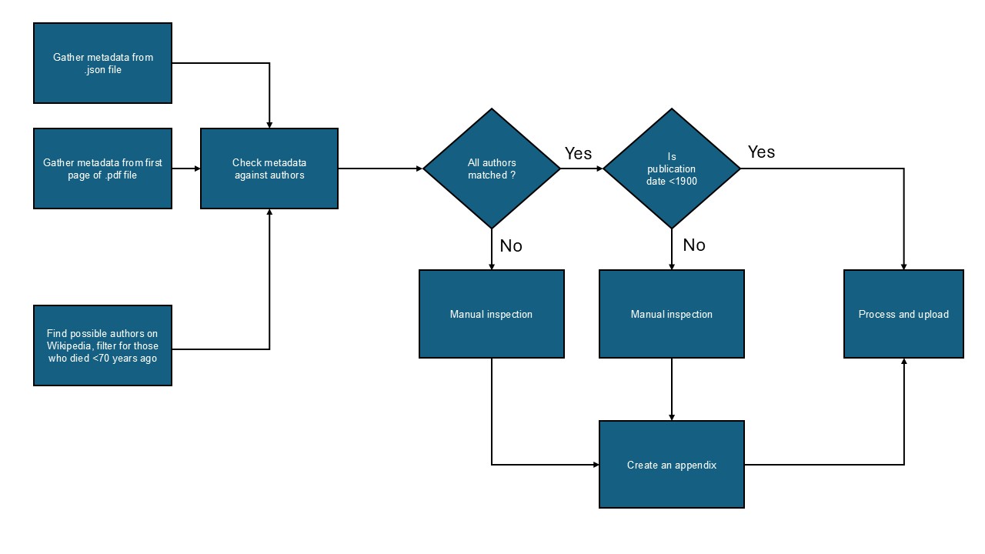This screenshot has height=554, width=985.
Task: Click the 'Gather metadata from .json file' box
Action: pos(102,63)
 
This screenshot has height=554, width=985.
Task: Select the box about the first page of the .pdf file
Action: pos(102,169)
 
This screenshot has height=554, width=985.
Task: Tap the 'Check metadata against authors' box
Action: pos(269,169)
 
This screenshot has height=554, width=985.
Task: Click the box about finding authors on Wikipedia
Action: pos(102,345)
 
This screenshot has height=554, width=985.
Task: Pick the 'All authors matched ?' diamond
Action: pos(492,169)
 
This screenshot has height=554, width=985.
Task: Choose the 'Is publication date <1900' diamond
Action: pos(672,169)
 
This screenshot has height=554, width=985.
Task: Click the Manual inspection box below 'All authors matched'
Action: pos(491,314)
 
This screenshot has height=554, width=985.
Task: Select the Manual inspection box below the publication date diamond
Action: pos(672,314)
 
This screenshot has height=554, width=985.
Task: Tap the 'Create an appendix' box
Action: pos(672,465)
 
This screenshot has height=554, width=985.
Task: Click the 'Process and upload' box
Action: pos(903,314)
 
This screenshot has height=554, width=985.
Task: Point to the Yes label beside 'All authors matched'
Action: pos(578,153)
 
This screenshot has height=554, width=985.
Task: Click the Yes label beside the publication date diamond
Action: pos(761,152)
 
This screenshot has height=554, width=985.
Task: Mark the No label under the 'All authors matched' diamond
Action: pos(511,245)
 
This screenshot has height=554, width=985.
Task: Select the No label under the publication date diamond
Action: pos(693,245)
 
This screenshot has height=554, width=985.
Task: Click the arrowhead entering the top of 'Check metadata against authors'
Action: pos(269,124)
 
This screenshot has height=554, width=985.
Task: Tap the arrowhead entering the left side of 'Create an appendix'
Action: pos(595,465)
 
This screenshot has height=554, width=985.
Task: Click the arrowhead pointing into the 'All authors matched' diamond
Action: pos(419,169)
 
